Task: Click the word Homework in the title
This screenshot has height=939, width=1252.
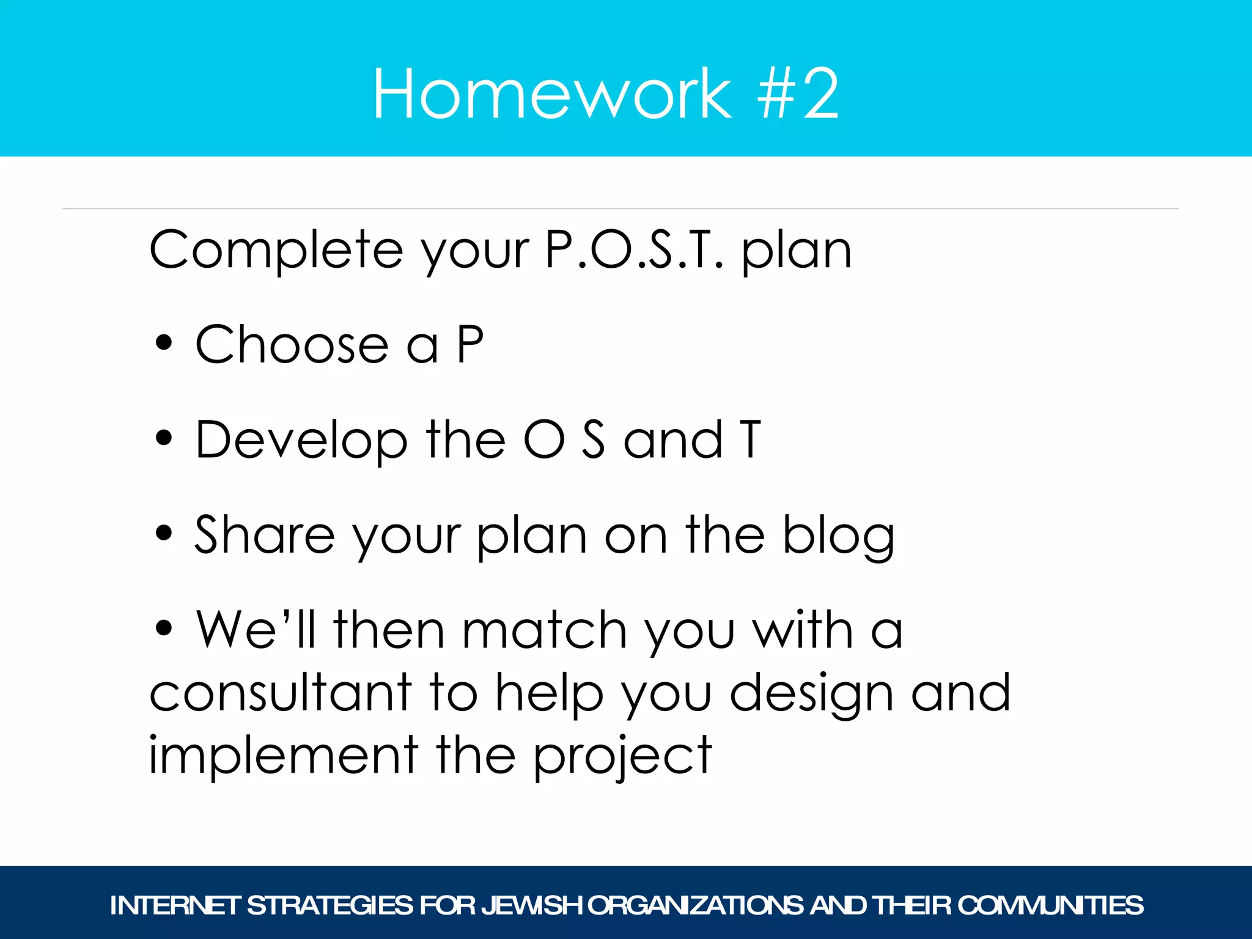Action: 551,95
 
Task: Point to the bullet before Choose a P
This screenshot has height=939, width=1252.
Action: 164,344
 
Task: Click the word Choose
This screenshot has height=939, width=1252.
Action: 292,345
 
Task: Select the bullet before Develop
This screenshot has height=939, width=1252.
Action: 164,438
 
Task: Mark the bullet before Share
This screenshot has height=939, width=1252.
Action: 164,533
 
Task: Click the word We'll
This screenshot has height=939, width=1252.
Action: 256,630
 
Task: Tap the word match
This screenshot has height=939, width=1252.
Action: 544,630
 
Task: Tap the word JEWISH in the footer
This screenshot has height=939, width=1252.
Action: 531,905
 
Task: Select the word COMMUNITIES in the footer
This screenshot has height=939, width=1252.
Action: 1050,905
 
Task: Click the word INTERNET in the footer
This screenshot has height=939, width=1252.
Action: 174,905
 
